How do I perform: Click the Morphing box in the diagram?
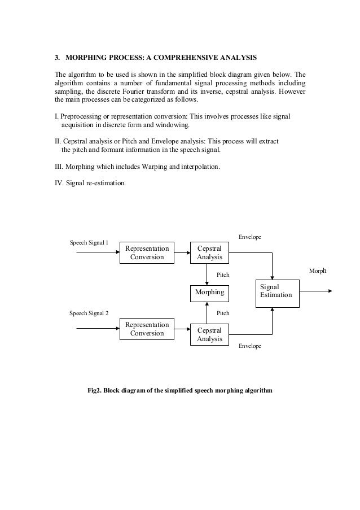(209, 293)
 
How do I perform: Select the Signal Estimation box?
(276, 292)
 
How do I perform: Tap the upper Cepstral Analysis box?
(209, 252)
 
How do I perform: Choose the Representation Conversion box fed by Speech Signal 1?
(147, 252)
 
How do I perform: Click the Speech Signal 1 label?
(89, 242)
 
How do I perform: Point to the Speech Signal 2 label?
(89, 312)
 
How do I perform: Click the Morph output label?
(318, 272)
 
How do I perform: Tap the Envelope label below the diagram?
(250, 346)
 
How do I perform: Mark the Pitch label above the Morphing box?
(223, 275)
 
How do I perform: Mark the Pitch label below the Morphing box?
(223, 312)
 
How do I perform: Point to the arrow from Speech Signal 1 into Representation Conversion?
(97, 252)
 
